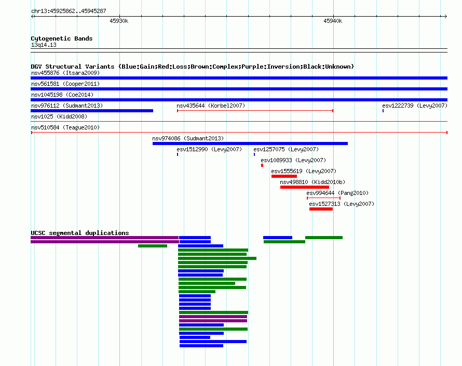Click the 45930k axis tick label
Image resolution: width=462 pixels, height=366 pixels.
point(119,21)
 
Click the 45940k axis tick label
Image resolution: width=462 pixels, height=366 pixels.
point(333,21)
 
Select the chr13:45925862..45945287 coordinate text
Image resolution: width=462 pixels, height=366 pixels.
point(69,11)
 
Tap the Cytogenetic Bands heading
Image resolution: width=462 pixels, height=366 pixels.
point(62,38)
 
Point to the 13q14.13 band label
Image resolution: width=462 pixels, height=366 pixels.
point(44,45)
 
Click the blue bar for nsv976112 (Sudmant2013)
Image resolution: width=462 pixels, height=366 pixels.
point(92,111)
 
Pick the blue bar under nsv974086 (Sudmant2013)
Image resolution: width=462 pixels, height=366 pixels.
point(250,143)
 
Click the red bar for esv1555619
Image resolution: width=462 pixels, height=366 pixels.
point(284,176)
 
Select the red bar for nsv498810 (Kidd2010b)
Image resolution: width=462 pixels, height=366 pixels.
point(305,187)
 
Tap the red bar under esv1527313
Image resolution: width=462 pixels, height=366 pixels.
point(321,209)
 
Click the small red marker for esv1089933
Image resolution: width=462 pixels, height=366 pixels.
point(262,165)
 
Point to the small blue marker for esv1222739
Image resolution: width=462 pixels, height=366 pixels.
point(383,111)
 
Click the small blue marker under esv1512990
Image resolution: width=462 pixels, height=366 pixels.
point(178,154)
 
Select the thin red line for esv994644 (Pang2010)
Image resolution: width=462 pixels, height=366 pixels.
point(323,198)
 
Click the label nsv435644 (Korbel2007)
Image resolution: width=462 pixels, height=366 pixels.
point(211,106)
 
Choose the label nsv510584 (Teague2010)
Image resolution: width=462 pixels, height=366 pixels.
point(65,127)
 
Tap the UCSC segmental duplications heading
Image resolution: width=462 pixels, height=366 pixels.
point(80,233)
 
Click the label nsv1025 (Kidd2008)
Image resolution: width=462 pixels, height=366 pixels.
point(59,116)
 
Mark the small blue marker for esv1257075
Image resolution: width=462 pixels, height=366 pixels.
point(254,154)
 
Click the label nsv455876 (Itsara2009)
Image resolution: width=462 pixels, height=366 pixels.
point(65,73)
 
